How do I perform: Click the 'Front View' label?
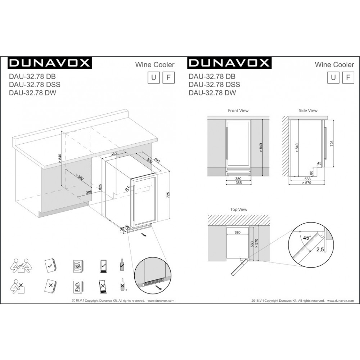(x=238, y=111)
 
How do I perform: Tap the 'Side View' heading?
(x=308, y=111)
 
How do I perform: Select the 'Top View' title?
(x=239, y=209)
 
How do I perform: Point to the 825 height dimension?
(x=100, y=187)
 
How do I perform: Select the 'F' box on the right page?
(x=348, y=77)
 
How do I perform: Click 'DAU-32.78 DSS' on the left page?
(x=34, y=85)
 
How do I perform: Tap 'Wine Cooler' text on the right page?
(x=334, y=65)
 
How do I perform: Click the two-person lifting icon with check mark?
(x=20, y=266)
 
